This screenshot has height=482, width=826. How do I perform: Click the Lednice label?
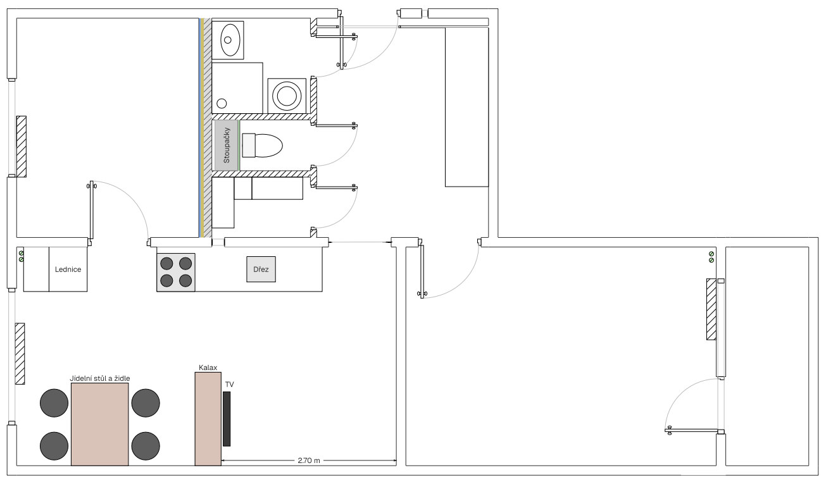68,269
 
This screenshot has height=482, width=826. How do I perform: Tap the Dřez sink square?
261,269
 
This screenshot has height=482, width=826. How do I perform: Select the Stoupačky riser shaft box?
227,145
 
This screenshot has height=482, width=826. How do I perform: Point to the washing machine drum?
287,96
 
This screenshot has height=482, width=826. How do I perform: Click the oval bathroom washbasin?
230,40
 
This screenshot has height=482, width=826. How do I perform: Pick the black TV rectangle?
227,419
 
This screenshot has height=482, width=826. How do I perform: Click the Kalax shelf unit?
208,419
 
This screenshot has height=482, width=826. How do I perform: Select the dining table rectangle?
100,424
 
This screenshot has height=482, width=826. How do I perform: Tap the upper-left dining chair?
54,403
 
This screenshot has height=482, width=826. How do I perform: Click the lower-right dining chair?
146,446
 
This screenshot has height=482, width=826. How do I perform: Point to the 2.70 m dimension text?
309,460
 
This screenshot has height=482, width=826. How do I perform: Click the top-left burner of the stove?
166,264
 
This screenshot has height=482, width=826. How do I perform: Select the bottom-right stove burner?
185,281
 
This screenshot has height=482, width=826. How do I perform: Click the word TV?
229,385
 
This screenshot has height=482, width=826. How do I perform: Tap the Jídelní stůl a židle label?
100,378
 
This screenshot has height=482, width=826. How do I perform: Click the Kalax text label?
208,368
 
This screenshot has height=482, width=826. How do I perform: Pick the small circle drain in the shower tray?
222,104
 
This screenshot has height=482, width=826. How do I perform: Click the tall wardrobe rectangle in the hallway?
467,107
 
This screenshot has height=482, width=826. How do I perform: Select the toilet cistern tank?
249,145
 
